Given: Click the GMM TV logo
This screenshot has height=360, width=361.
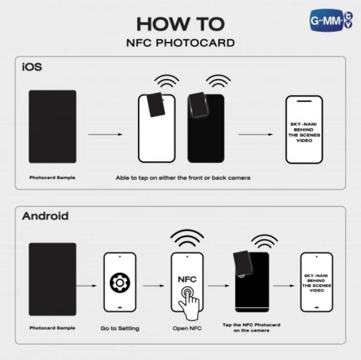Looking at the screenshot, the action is (x=331, y=20).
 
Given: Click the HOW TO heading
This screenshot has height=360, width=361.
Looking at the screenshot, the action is (x=180, y=24).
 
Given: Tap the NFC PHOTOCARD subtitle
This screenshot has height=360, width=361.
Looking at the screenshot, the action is (x=180, y=43).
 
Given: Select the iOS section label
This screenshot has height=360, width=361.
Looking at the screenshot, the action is (x=32, y=67).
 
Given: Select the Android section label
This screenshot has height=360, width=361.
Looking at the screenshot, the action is (x=45, y=216).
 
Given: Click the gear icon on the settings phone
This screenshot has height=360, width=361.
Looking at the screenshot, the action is (x=120, y=283).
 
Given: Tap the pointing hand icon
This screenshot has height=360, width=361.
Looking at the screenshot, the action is (x=189, y=303).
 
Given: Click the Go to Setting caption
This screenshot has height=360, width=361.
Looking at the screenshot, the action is (x=120, y=328).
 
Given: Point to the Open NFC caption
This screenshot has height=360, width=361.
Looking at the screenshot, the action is (x=187, y=328).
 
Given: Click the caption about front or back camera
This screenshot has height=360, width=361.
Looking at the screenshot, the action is (x=183, y=178).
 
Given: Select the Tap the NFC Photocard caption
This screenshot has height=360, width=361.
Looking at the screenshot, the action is (x=251, y=328).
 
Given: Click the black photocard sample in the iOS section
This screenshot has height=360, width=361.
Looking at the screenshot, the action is (x=53, y=127).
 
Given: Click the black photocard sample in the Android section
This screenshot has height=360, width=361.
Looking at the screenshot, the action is (x=53, y=279).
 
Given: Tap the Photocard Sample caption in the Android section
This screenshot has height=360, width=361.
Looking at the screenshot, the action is (x=52, y=328).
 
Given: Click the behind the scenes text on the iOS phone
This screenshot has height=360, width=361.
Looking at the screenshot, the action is (x=304, y=132).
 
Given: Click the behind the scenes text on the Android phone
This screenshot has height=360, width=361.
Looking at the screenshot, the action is (x=316, y=283).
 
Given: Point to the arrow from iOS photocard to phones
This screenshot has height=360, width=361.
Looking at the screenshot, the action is (x=105, y=134).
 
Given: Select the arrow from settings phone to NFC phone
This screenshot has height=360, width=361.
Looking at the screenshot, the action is (x=154, y=286).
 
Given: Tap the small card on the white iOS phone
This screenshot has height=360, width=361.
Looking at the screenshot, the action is (x=156, y=105).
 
